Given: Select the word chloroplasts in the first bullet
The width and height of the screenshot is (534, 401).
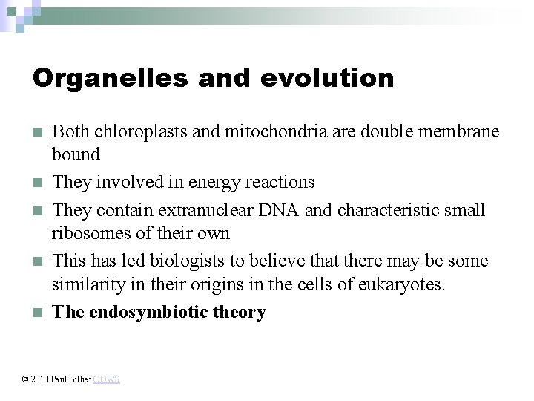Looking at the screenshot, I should click(x=139, y=131).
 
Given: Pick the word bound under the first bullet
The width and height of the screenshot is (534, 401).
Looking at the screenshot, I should click(x=75, y=154).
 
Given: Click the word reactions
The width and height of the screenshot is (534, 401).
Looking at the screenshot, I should click(x=280, y=182).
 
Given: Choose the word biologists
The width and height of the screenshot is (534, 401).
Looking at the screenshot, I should click(x=187, y=261).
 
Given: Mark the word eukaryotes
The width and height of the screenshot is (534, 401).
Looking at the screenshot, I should click(x=405, y=284).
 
